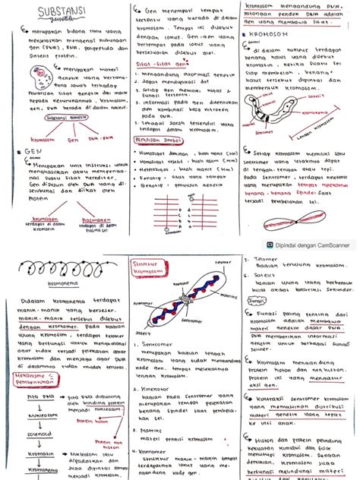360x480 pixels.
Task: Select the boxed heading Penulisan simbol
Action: click(156, 141)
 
